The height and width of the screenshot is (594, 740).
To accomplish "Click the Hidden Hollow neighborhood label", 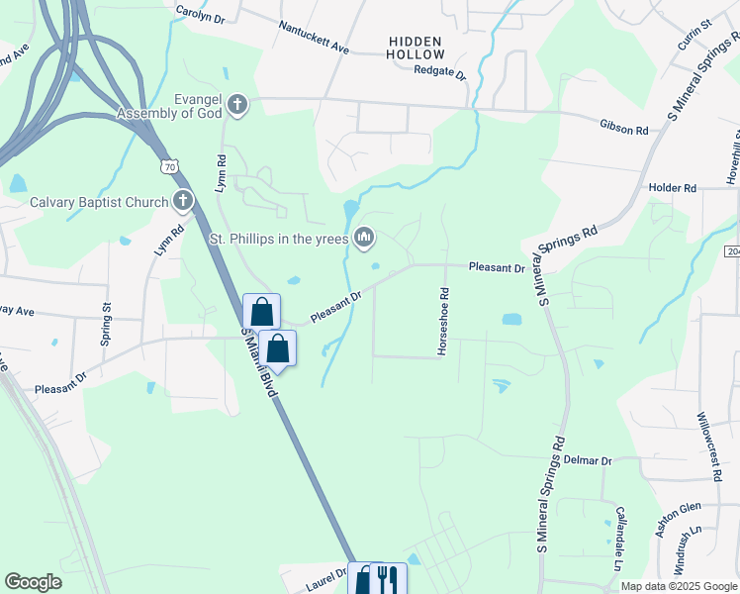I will [x=416, y=47].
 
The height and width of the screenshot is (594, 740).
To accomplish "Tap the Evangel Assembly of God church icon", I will [x=236, y=104].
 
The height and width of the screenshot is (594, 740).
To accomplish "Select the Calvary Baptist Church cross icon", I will [x=182, y=202].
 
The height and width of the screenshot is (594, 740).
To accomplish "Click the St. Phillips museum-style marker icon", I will [x=364, y=237].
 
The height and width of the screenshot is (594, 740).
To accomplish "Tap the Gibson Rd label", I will [x=623, y=130].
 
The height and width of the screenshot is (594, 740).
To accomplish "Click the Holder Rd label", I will [x=673, y=187].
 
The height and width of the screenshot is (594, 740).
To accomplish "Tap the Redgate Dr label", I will [x=439, y=71].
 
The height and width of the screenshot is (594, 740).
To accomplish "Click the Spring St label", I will [x=106, y=325].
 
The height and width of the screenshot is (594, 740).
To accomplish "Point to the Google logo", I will [x=34, y=582].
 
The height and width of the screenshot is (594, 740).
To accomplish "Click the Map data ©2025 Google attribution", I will [x=678, y=586].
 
